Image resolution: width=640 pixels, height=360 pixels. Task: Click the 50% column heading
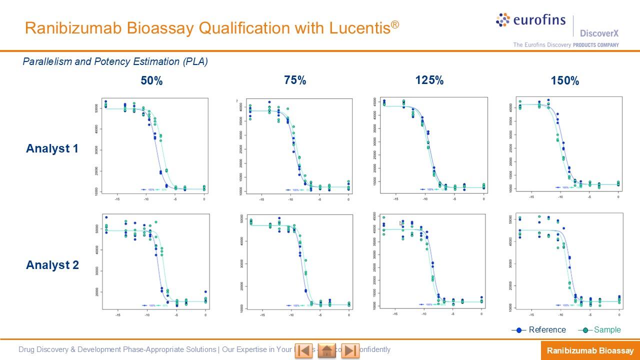coord(151,81)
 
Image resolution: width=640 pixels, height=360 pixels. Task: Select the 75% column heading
coord(295,80)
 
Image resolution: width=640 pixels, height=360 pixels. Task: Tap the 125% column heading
coord(429,80)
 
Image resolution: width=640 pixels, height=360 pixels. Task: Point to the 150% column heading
coord(565,81)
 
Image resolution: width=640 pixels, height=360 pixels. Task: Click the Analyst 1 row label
coord(52,148)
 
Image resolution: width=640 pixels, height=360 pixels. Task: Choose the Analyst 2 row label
coord(52,265)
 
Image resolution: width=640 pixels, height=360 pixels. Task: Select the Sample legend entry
coord(607,330)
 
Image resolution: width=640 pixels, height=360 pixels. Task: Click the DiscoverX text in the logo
coord(599,33)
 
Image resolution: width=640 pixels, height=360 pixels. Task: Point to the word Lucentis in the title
coord(360,28)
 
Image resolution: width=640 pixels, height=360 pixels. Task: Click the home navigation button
coord(327,350)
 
